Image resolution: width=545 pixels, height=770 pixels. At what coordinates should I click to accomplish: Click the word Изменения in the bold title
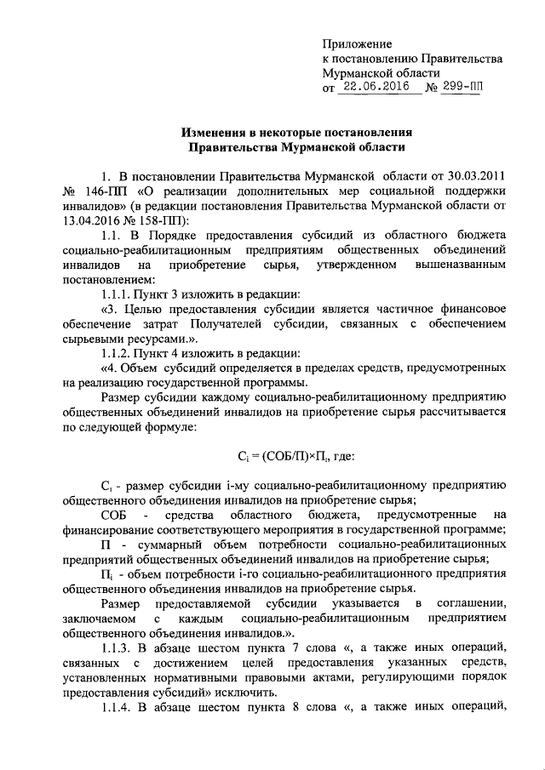[x=219, y=133]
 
